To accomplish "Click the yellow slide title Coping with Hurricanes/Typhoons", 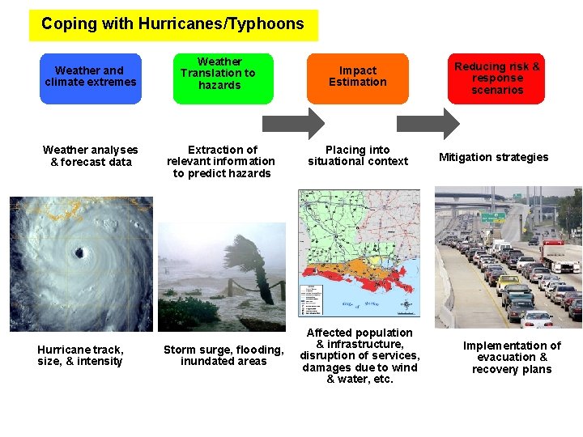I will coord(173,25).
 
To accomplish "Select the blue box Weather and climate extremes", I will coord(91,78).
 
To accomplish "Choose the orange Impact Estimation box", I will coord(357,78).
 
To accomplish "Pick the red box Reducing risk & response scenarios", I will coord(496,78).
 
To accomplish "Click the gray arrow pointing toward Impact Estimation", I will coord(294,123).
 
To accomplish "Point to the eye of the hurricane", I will coord(79,253).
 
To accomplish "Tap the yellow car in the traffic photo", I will coord(508,282).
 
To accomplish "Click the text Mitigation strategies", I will coord(493,157).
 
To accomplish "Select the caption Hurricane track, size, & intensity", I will coord(80,355).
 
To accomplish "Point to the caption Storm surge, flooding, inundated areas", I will coord(223,355).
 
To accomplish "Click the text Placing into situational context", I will coord(357,155).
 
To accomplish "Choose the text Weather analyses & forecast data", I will coord(90,155).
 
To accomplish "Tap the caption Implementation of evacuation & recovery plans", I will coord(512,357).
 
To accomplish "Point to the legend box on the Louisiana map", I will coord(311,300).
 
